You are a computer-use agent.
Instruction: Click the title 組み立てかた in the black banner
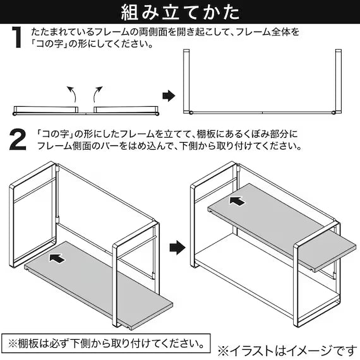click(x=180, y=12)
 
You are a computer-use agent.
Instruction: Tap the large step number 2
click(x=18, y=140)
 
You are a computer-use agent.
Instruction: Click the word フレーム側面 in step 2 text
click(x=64, y=146)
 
